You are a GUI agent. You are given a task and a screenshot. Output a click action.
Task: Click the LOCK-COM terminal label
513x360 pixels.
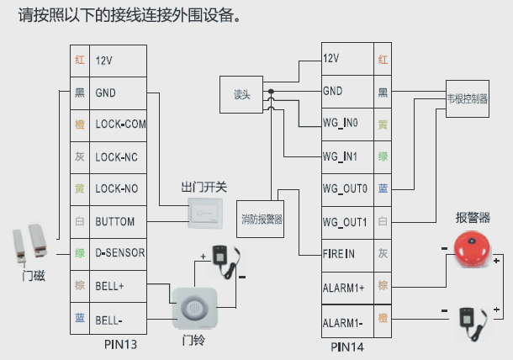point(120,124)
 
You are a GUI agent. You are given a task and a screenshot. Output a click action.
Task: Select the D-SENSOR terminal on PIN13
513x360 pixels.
point(120,253)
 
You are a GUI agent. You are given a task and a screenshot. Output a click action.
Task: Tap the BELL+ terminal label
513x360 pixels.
point(110,286)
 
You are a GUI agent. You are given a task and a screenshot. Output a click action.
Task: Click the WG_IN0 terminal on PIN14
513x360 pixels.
point(341,123)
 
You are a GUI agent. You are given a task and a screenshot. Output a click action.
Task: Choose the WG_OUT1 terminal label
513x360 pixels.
point(345,222)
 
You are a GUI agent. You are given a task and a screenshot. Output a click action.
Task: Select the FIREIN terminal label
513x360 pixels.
point(339,253)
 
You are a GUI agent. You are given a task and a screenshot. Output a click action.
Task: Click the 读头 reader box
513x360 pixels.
point(242,94)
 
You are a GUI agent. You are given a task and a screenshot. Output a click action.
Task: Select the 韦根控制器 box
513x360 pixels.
point(467,98)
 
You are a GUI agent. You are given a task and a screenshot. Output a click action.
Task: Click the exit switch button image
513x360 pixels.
point(205,214)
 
